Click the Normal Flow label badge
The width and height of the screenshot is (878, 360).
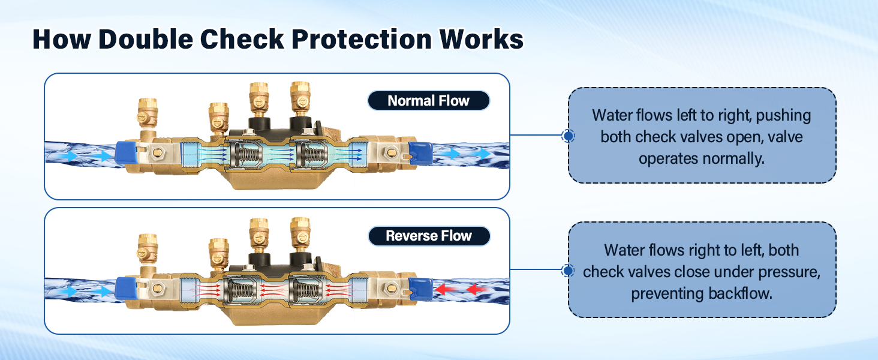(428, 101)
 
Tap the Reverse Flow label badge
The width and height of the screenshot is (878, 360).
(429, 236)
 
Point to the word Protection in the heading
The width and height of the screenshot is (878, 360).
(362, 40)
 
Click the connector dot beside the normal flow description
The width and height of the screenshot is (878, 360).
(568, 136)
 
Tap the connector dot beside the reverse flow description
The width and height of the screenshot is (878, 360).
(568, 270)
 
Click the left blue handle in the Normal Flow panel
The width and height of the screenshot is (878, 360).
(126, 153)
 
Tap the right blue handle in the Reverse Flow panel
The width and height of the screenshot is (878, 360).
(420, 289)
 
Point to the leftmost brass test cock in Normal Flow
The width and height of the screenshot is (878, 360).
(147, 114)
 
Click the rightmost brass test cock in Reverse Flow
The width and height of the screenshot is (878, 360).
(300, 234)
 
